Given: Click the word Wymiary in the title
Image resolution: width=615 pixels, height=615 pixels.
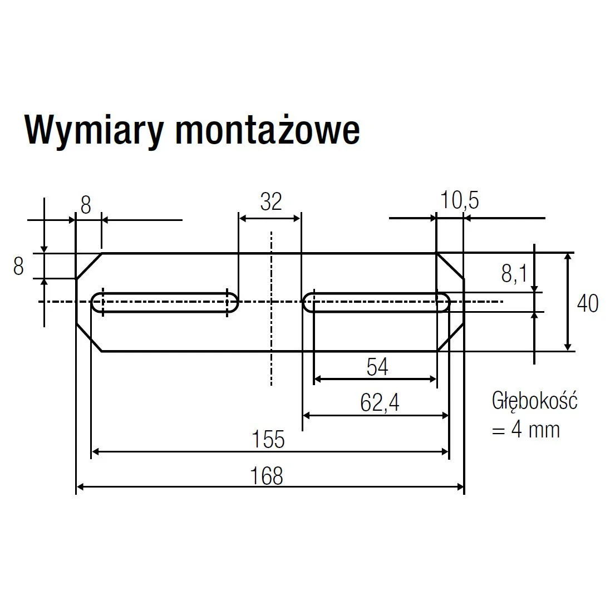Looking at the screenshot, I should (x=94, y=131).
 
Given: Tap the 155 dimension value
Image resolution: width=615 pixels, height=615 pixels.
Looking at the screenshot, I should (x=268, y=440).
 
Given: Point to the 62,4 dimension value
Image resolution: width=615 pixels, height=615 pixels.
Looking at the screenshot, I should (x=380, y=403).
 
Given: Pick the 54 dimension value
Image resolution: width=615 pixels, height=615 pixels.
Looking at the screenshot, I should (x=377, y=367).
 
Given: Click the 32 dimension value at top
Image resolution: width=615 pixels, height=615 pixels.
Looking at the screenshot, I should (x=271, y=202).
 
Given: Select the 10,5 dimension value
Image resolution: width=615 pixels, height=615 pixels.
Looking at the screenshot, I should (x=459, y=200).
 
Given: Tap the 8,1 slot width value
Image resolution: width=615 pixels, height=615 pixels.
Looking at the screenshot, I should (x=514, y=274).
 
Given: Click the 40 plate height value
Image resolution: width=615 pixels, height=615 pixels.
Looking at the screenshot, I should (x=588, y=304).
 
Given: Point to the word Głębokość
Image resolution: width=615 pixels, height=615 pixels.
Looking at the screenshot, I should (x=534, y=401).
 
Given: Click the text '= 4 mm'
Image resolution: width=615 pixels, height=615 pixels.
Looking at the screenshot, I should (x=525, y=430).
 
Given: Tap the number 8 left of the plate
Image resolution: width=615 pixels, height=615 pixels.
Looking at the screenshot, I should (x=18, y=267).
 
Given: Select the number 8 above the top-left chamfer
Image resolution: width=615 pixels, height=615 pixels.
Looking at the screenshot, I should (x=86, y=205).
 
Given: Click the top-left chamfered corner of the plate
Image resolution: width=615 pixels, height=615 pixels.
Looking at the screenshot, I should (x=88, y=265).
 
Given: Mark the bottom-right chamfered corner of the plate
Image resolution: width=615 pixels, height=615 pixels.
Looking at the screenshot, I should (x=451, y=338).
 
